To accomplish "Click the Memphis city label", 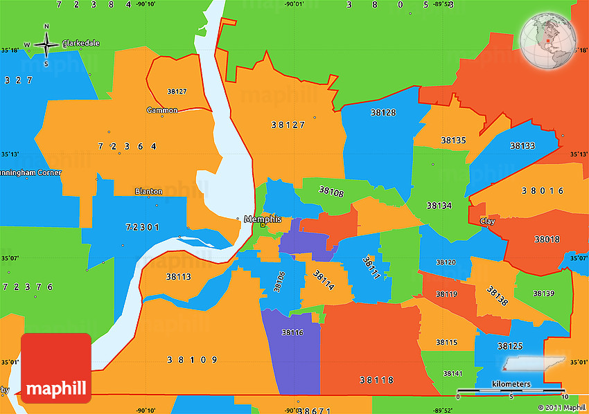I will click(x=263, y=219).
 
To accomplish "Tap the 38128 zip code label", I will click(x=383, y=112).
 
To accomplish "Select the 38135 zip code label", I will click(x=454, y=140).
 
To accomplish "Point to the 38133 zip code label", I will click(x=522, y=145).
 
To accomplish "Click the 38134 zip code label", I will click(x=439, y=206).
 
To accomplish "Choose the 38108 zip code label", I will click(x=331, y=191).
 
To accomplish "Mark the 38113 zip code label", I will click(x=179, y=276).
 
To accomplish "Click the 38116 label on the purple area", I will click(x=292, y=332).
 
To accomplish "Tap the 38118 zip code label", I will click(x=377, y=380).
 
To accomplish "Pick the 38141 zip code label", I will click(x=452, y=374).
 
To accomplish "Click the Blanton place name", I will click(x=149, y=191).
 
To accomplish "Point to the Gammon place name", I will click(x=162, y=110).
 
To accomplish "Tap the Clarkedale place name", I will click(x=82, y=43).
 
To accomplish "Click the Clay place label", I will click(x=487, y=221).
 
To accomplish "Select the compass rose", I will click(x=46, y=46).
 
